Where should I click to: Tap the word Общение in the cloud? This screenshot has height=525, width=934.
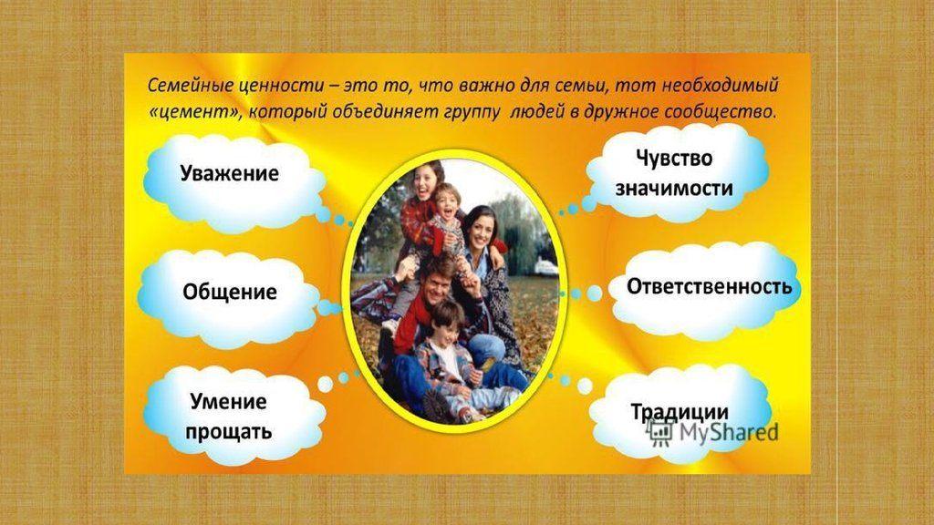[x=229, y=293]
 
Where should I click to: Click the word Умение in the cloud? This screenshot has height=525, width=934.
[x=228, y=401]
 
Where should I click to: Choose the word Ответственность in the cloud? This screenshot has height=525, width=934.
[x=709, y=285]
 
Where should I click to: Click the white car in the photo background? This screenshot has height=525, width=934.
[x=545, y=265]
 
